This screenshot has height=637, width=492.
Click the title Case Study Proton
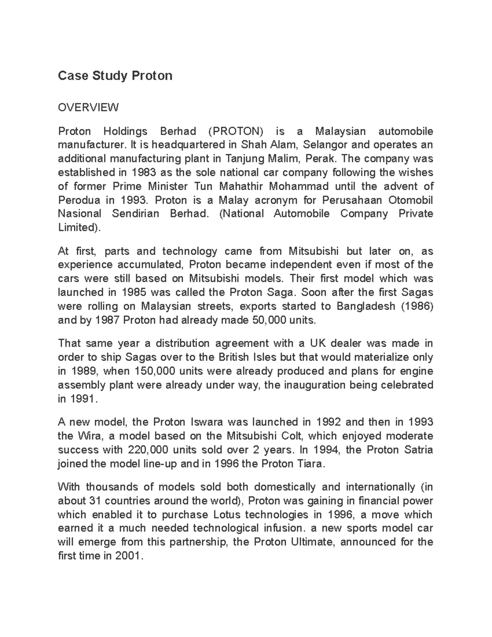[115, 76]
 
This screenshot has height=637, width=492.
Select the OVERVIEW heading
[88, 107]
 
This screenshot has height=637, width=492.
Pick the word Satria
[417, 450]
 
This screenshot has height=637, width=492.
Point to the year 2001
[127, 556]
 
